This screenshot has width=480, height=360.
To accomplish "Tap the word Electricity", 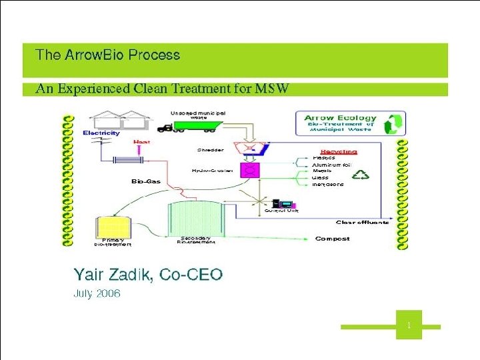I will (101, 133).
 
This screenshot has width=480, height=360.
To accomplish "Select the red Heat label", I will (141, 141).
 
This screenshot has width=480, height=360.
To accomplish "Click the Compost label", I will (332, 239).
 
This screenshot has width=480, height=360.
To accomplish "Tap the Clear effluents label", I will (363, 223).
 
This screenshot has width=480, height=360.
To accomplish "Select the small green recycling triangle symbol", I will (361, 175).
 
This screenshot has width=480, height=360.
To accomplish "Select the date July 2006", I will (97, 293).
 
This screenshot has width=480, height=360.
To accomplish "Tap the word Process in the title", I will (154, 55).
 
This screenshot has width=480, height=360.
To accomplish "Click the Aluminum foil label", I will (331, 164).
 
